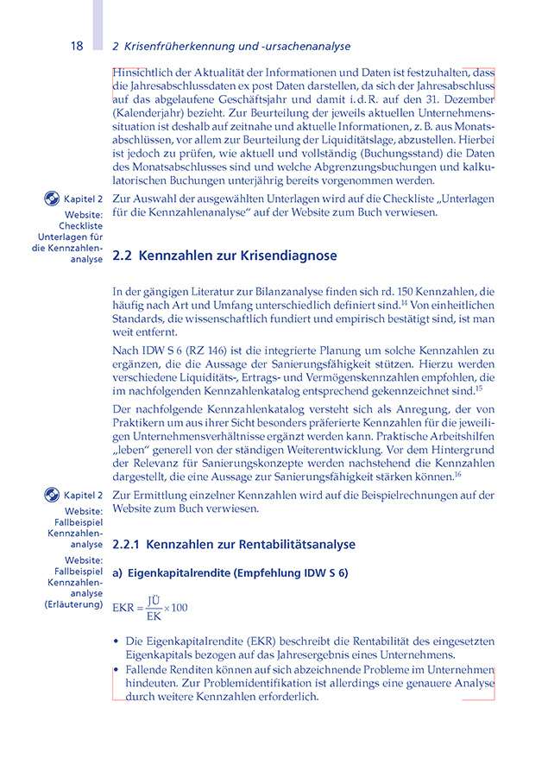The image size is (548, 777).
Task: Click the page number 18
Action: point(77,46)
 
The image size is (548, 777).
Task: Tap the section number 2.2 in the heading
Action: point(122,256)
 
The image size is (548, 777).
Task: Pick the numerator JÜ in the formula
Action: point(154,600)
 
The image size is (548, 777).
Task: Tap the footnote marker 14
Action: point(403,301)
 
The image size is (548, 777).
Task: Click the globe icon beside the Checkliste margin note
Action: point(52,199)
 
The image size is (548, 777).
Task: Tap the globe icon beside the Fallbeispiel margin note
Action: point(52,495)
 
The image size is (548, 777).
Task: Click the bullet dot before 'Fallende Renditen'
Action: point(117,670)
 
